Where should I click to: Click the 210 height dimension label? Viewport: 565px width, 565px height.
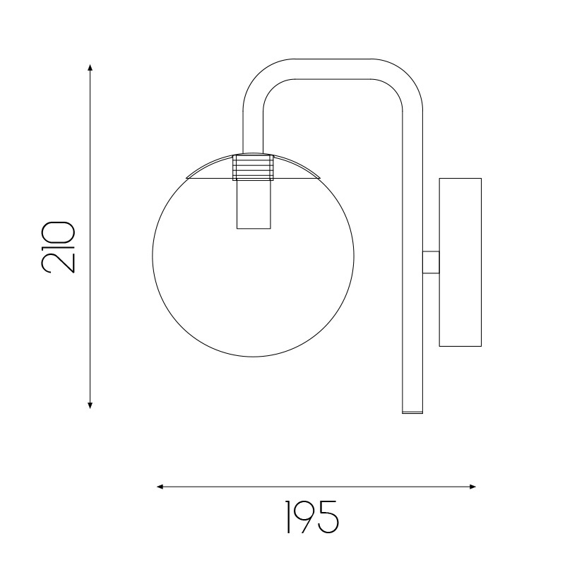tap(59, 247)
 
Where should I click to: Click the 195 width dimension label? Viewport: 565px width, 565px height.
tap(312, 517)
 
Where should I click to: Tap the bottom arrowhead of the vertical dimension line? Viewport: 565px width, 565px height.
tap(90, 405)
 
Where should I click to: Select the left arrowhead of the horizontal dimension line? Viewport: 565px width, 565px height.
tap(160, 487)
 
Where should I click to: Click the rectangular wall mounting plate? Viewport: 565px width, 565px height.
tap(460, 262)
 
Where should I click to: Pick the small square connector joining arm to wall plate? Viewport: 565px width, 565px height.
tap(431, 262)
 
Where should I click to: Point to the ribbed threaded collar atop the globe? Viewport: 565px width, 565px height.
tap(253, 167)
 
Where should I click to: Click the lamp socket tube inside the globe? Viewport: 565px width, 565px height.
tap(254, 204)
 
